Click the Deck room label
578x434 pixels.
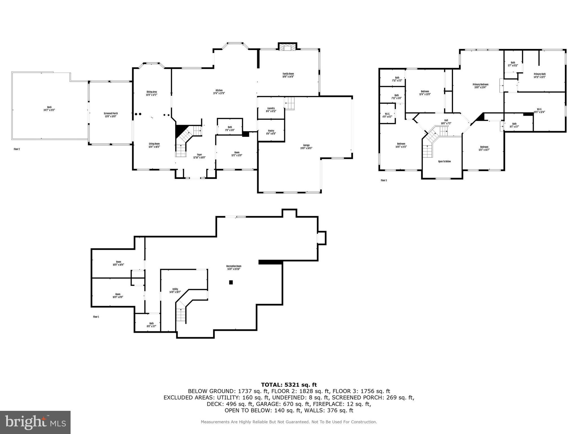click(x=49, y=108)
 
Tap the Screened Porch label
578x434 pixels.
click(x=111, y=115)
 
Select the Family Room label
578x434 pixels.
click(x=288, y=75)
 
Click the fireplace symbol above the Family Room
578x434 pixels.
click(x=287, y=47)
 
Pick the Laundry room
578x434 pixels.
click(x=271, y=110)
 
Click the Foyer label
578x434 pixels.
click(x=199, y=156)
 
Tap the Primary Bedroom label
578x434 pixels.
click(x=480, y=86)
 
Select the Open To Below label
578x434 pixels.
click(x=444, y=161)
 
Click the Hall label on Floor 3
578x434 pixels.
click(x=446, y=122)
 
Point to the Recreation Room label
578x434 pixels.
click(x=234, y=267)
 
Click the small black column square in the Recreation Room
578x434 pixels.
click(x=231, y=282)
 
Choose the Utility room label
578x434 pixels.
click(x=175, y=290)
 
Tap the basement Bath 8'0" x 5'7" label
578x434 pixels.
click(x=152, y=325)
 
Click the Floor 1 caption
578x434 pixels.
click(x=96, y=317)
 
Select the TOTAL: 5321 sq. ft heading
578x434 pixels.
click(x=289, y=385)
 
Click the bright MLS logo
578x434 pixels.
click(x=35, y=422)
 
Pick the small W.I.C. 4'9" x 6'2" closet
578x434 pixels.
click(x=387, y=115)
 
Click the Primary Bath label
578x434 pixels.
click(x=539, y=75)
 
